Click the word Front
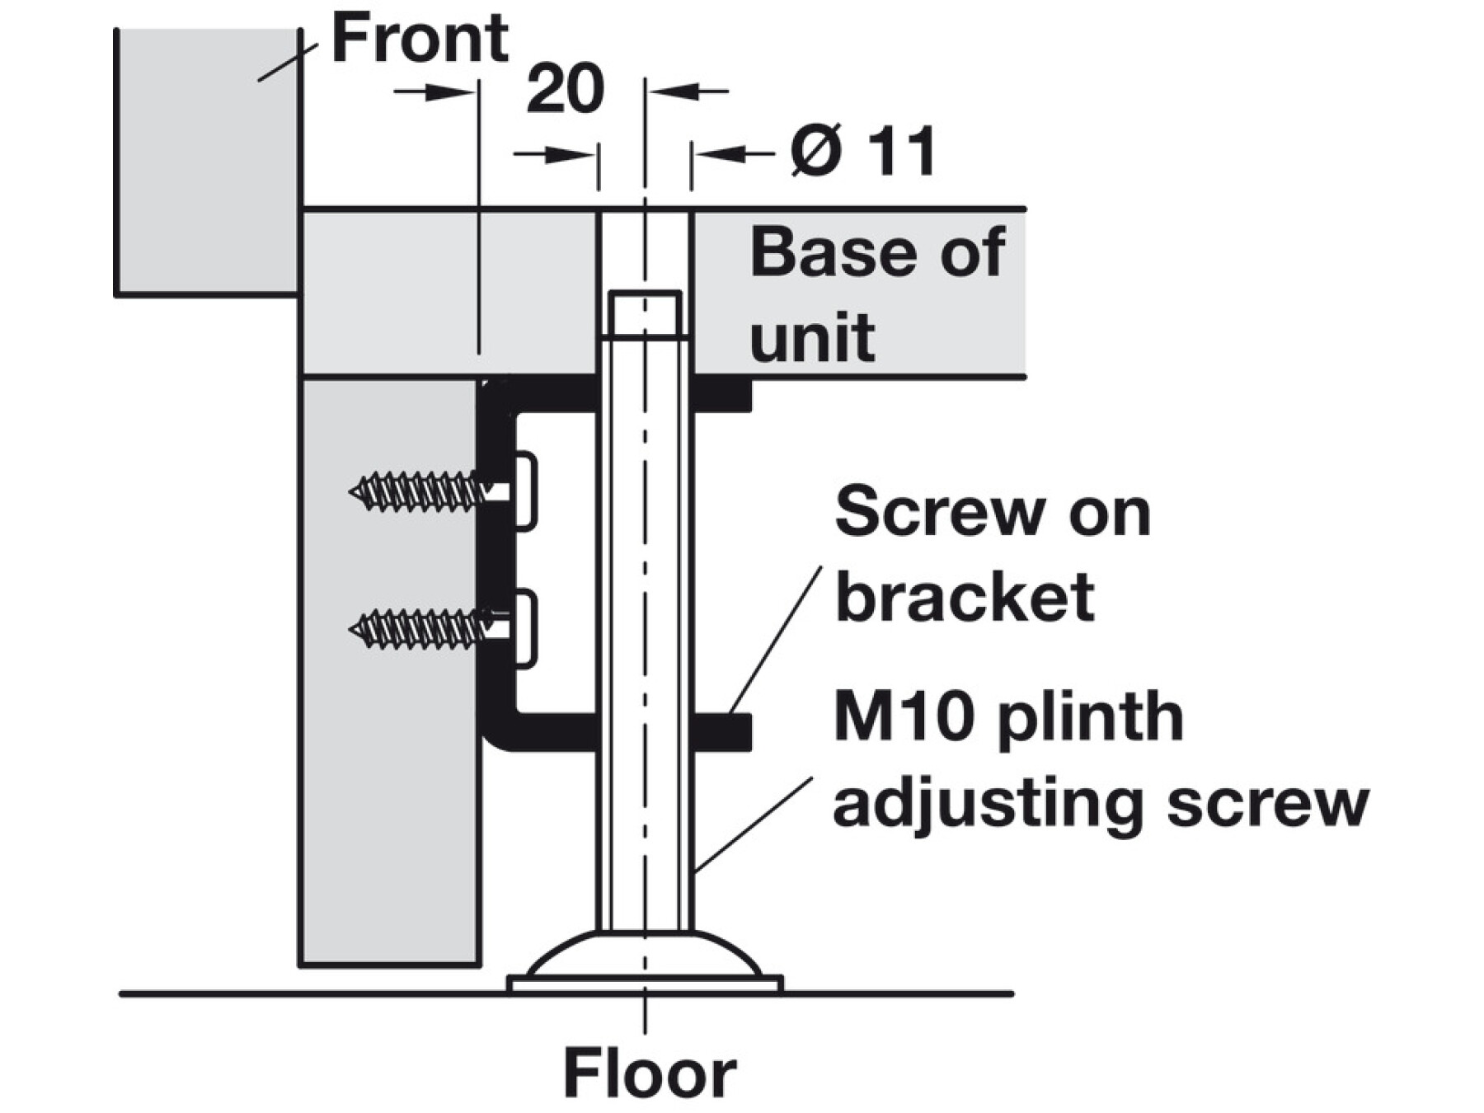(420, 39)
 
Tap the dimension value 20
(565, 90)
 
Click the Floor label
(649, 1073)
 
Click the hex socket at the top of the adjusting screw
(645, 313)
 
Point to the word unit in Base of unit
(812, 337)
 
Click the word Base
(832, 253)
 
